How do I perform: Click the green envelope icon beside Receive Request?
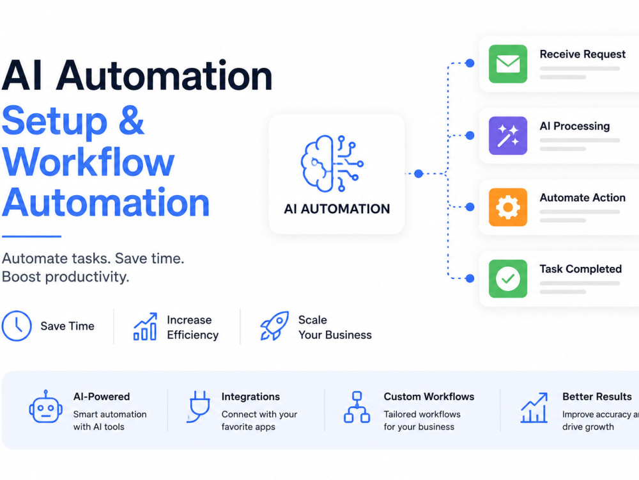tap(508, 64)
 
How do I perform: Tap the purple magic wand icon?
tap(508, 136)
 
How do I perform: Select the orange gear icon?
tap(508, 207)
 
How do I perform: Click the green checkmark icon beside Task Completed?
tap(508, 279)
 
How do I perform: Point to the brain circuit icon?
tap(332, 164)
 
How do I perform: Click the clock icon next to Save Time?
tap(17, 326)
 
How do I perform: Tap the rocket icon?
tap(275, 326)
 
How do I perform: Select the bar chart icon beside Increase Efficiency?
tap(146, 326)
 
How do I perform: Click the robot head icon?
tap(45, 406)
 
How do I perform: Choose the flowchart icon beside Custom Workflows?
tap(357, 407)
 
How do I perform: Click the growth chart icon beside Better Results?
tap(534, 408)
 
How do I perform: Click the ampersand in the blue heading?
tap(131, 120)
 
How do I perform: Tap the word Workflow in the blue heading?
tap(88, 162)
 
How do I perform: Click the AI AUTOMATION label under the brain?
tap(337, 209)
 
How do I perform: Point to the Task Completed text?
tap(581, 269)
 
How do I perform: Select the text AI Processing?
tap(574, 126)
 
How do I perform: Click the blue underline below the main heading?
tap(31, 236)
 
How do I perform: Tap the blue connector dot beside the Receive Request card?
tap(470, 63)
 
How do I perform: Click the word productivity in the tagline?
tap(87, 277)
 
